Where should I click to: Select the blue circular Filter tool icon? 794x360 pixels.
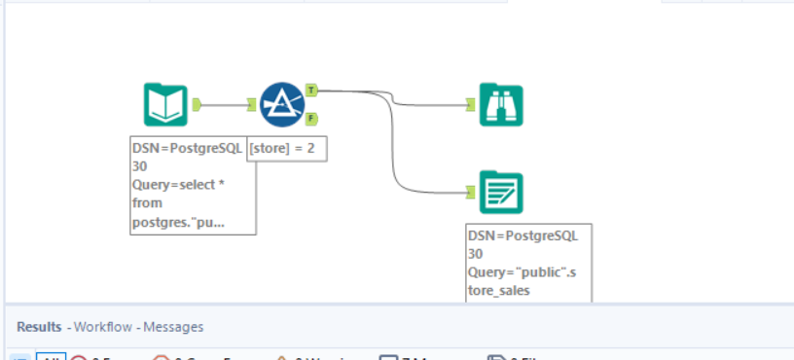coord(281,104)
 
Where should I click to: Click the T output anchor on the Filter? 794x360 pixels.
coord(310,90)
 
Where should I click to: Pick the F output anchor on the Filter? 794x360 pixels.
coord(310,119)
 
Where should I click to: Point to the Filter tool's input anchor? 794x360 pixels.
coord(252,104)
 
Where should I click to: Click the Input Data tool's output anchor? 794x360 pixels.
coord(197,104)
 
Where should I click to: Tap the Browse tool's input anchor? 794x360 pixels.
coord(471,104)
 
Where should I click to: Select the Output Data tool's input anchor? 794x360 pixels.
coord(471,193)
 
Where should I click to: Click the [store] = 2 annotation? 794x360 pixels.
coord(286,149)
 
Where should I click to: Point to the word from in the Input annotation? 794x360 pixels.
coord(148,203)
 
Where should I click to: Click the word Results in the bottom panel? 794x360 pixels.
coord(39,327)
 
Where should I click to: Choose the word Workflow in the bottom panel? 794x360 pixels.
coord(103,327)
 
